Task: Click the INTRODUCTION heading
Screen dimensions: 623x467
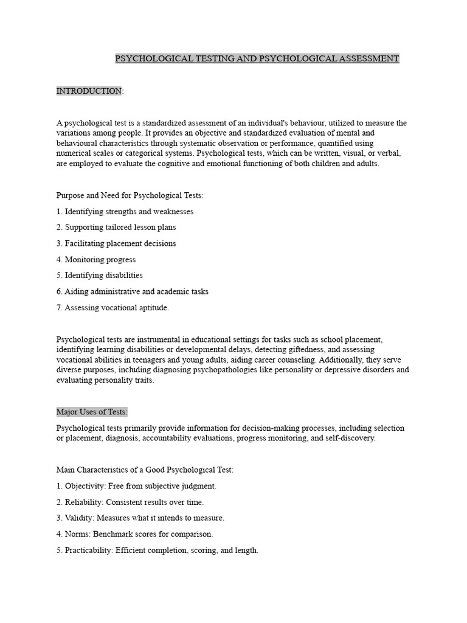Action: [89, 91]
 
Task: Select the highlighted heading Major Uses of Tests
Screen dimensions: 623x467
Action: [92, 412]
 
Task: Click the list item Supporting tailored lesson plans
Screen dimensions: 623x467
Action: [116, 227]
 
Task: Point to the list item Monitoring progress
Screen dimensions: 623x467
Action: [96, 259]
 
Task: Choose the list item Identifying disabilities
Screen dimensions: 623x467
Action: [100, 275]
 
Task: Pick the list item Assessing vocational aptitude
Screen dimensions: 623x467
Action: [112, 307]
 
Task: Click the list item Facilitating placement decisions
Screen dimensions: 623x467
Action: [116, 243]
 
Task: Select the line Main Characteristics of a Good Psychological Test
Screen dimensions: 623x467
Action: [145, 470]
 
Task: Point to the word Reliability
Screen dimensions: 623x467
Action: [84, 502]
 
